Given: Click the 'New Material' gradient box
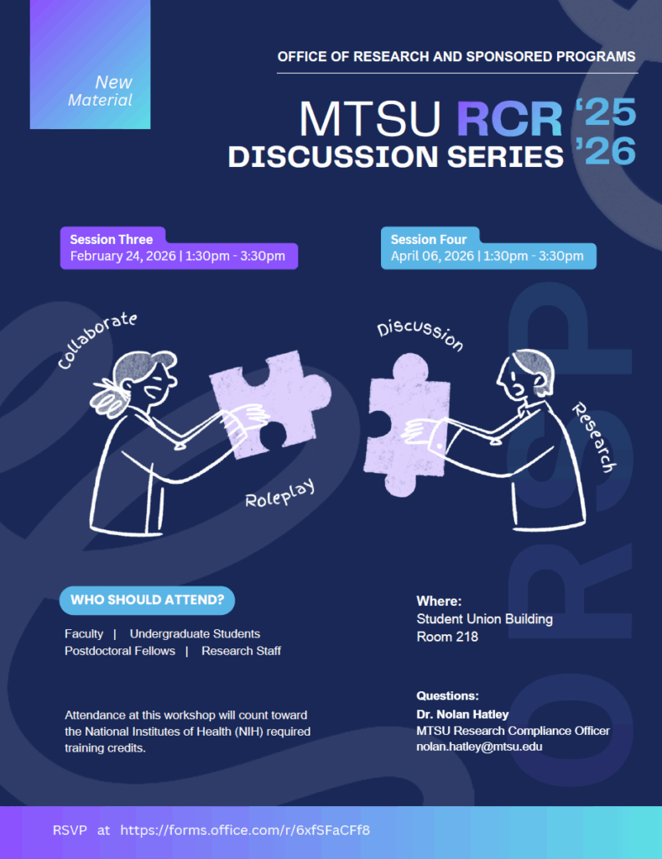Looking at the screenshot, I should pyautogui.click(x=91, y=65).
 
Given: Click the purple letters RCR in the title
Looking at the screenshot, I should pyautogui.click(x=509, y=120).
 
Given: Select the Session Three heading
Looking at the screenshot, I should pyautogui.click(x=112, y=240).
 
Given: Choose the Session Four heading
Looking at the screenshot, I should pyautogui.click(x=429, y=240).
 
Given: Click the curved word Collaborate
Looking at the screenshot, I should pyautogui.click(x=96, y=340).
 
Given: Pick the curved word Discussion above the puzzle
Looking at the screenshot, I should pyautogui.click(x=420, y=335).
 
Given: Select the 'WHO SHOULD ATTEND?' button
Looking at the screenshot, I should pyautogui.click(x=147, y=601).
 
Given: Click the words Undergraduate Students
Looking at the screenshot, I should pyautogui.click(x=195, y=634).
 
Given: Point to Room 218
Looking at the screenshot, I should pyautogui.click(x=447, y=637).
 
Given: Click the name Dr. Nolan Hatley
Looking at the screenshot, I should pyautogui.click(x=462, y=715).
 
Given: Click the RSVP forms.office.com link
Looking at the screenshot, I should pyautogui.click(x=245, y=830).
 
